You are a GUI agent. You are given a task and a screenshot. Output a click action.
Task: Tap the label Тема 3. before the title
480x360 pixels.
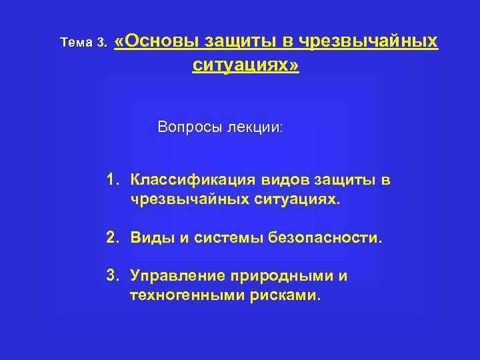pos(83,43)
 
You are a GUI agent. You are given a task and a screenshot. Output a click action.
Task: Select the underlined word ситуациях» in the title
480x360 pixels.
pos(246,66)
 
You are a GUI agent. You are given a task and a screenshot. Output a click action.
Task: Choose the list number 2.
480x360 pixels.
pos(112,237)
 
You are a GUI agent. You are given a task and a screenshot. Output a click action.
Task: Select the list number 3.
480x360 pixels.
pos(112,276)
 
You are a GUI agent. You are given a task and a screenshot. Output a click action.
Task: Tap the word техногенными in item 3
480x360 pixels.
pos(179,295)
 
